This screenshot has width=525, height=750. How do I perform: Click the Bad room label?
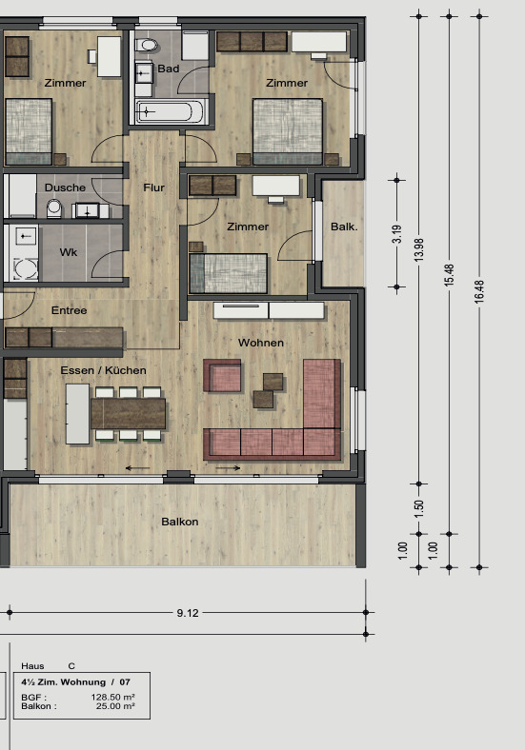(x=169, y=69)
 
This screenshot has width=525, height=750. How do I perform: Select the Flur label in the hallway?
(x=153, y=187)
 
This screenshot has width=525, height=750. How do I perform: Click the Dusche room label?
(x=65, y=187)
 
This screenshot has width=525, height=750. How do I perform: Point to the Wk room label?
(x=69, y=252)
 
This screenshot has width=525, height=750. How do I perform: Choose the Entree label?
(x=69, y=310)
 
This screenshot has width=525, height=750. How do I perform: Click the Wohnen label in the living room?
(x=261, y=342)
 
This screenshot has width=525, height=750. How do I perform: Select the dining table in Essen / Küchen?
(x=128, y=413)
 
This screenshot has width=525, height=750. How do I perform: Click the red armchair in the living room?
(x=223, y=376)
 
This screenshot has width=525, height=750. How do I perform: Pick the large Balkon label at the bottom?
(x=179, y=522)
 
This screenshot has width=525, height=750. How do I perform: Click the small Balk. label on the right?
(x=344, y=227)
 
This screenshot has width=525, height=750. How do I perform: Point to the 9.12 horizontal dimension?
(x=188, y=613)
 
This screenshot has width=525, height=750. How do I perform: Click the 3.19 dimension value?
(x=397, y=234)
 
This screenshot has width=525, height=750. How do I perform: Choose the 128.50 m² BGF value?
(x=113, y=698)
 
